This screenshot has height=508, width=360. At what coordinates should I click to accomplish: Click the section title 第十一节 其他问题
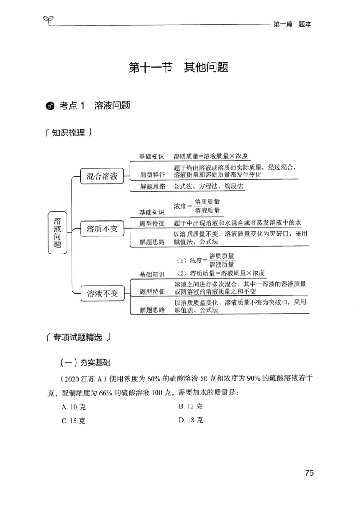coord(179,68)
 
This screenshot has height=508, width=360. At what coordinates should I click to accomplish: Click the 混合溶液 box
coord(102,177)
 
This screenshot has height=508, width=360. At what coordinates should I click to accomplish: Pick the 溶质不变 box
coord(102,229)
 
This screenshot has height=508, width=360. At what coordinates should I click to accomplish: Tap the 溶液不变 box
coord(102,294)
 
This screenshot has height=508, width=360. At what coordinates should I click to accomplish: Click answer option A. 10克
coord(73,407)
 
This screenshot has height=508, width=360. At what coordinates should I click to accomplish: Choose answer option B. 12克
coord(190,406)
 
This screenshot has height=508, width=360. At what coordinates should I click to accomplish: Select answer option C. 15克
coord(73,421)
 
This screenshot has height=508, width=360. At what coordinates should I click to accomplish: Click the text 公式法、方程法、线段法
coord(208,186)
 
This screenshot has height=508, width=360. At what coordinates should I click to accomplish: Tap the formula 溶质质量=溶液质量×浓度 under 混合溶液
coord(211,156)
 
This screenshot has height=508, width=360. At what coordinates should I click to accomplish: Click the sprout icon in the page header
coord(47,18)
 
